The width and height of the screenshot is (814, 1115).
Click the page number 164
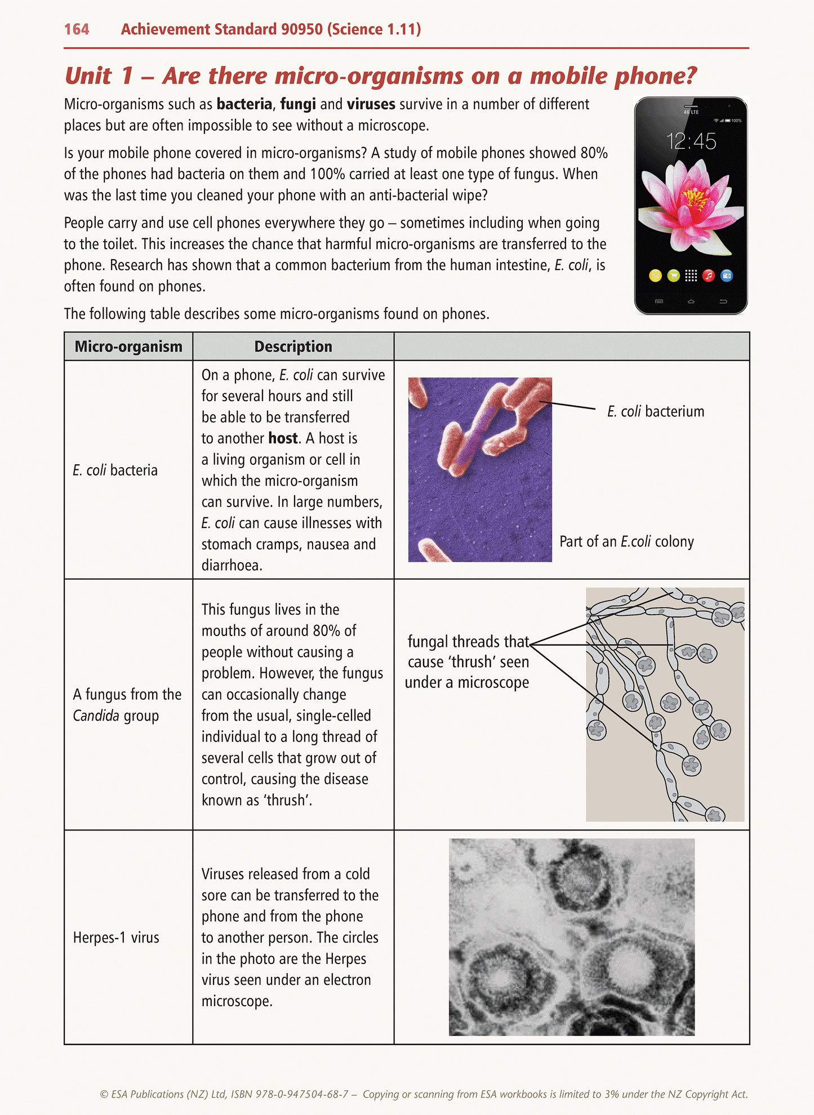[77, 29]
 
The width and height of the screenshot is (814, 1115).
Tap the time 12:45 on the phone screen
[691, 141]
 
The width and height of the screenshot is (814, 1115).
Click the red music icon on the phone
[709, 276]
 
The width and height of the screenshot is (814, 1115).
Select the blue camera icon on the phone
[727, 276]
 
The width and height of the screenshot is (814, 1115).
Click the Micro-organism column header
[128, 347]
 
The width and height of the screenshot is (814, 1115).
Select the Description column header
[293, 347]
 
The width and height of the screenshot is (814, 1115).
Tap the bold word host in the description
[283, 438]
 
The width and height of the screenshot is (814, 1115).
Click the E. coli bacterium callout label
[656, 412]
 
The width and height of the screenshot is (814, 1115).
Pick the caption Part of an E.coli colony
[626, 542]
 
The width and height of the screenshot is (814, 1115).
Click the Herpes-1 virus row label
[116, 938]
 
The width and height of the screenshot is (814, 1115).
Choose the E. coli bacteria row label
[115, 470]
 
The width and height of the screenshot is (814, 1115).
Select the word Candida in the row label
[96, 716]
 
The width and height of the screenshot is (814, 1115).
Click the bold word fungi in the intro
[297, 104]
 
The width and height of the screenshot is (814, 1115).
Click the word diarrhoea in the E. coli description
[231, 566]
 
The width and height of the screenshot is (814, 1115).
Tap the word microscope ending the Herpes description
[236, 1002]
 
